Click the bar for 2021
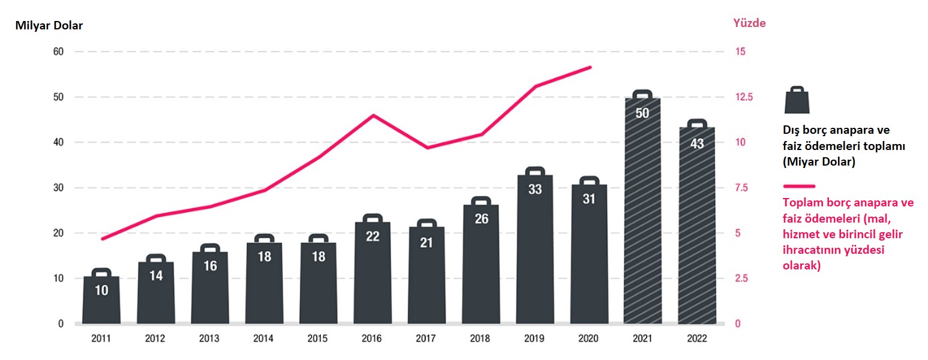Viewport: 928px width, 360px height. [x=642, y=210]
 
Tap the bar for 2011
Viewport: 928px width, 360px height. [x=101, y=300]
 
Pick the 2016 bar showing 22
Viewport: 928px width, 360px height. [x=373, y=273]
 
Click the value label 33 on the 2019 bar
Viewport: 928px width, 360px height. [x=535, y=190]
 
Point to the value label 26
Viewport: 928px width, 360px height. [x=480, y=219]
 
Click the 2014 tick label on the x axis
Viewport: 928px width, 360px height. [x=264, y=338]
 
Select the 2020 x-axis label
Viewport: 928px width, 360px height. [x=588, y=338]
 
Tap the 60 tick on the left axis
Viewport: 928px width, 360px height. [x=58, y=52]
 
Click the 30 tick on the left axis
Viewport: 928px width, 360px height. [x=58, y=188]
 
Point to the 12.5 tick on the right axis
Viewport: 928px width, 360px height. [x=744, y=97]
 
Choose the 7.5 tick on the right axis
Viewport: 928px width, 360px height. [x=743, y=188]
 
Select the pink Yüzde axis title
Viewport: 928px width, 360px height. [x=749, y=23]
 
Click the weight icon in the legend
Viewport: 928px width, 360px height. [x=797, y=100]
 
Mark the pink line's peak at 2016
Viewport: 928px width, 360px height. [x=373, y=115]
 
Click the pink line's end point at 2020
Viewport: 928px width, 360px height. [x=590, y=67]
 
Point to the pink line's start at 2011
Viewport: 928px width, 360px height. [x=102, y=239]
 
